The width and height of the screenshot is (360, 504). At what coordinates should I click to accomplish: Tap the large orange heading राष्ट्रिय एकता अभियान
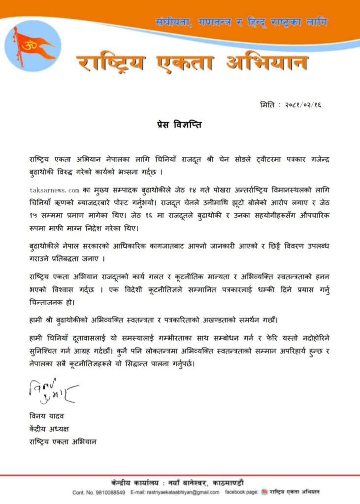coord(193,63)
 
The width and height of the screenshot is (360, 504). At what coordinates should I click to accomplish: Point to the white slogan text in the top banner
coord(241,22)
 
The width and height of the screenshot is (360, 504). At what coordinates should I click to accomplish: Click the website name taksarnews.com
coord(54,189)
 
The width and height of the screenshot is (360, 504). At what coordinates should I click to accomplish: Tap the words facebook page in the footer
coord(241,492)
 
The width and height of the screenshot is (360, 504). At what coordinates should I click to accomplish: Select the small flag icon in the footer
coord(265,491)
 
